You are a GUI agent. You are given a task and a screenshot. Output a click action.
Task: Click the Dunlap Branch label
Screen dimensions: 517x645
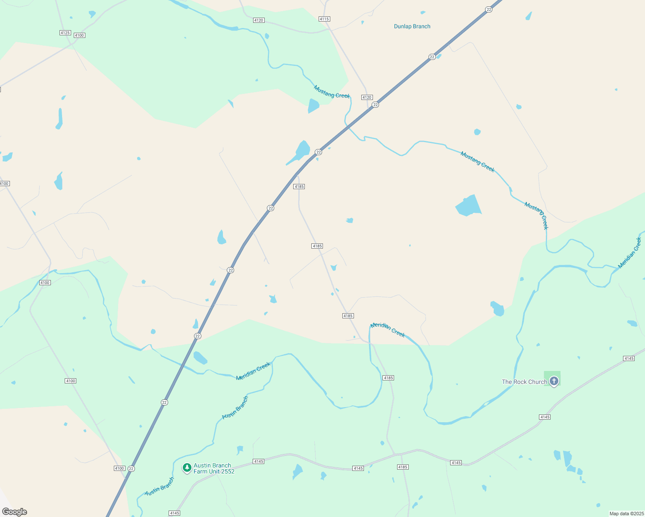(x=412, y=26)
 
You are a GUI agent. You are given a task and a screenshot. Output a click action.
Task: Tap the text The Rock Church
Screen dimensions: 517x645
(x=524, y=382)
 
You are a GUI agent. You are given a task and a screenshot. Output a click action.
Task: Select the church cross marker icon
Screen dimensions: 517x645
(x=554, y=381)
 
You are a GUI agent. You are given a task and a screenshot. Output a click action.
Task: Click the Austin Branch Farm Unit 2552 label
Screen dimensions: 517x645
(x=214, y=468)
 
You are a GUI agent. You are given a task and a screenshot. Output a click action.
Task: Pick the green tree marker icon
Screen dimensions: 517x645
(x=187, y=467)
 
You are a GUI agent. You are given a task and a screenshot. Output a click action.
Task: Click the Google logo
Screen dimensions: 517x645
(x=15, y=512)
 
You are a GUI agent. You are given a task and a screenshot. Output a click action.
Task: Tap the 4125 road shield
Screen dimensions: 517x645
(x=65, y=33)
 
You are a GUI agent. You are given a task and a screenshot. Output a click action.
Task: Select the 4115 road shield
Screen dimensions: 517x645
(x=324, y=19)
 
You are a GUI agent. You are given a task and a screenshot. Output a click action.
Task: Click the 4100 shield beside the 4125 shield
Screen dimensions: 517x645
(x=79, y=35)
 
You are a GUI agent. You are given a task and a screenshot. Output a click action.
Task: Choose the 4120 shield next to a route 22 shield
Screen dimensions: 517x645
(x=367, y=97)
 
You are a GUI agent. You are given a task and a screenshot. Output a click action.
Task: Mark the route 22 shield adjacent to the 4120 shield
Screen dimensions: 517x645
(x=376, y=105)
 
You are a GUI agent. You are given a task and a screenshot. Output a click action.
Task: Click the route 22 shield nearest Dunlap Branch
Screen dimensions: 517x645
(x=432, y=57)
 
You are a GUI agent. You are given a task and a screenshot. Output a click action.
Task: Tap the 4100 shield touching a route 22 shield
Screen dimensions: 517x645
(x=119, y=468)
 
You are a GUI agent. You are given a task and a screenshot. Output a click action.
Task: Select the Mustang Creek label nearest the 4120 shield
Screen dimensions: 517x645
(x=332, y=92)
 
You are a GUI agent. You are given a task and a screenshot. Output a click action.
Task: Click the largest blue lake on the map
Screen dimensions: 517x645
(x=468, y=206)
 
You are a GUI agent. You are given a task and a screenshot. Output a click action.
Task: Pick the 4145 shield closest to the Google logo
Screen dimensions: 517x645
(x=175, y=513)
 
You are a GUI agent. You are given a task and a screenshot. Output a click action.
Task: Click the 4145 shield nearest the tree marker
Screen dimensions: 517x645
(x=259, y=461)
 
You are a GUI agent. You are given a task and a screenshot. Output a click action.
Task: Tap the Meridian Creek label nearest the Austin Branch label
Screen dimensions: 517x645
(x=253, y=371)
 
